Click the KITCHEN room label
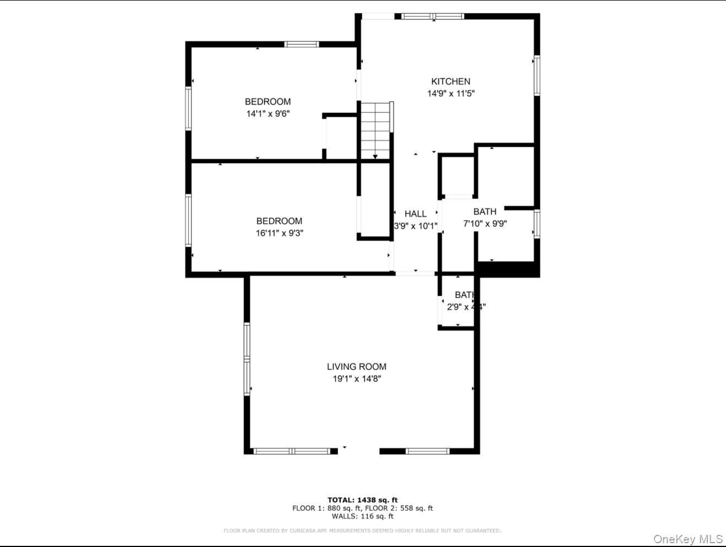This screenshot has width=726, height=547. pyautogui.click(x=450, y=82)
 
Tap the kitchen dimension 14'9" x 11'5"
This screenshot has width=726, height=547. pyautogui.click(x=450, y=94)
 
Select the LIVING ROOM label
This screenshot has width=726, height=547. pyautogui.click(x=357, y=367)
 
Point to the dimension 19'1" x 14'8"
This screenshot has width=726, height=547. pyautogui.click(x=357, y=379)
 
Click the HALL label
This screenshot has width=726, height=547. pyautogui.click(x=416, y=214)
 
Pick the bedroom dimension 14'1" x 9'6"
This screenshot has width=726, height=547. pyautogui.click(x=268, y=114)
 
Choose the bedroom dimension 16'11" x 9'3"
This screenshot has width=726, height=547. pyautogui.click(x=279, y=233)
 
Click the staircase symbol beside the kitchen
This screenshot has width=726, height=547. pyautogui.click(x=375, y=131)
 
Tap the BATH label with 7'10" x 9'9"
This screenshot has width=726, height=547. pyautogui.click(x=484, y=212)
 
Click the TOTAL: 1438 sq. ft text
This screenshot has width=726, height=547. pyautogui.click(x=362, y=500)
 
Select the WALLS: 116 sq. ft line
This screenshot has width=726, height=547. pyautogui.click(x=362, y=516)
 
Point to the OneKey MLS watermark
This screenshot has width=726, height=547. pyautogui.click(x=687, y=539)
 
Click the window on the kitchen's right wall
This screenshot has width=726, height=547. pyautogui.click(x=537, y=75)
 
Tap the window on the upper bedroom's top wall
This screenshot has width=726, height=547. pyautogui.click(x=301, y=44)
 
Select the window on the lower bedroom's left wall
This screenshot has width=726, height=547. pyautogui.click(x=188, y=220)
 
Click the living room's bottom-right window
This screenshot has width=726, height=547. pyautogui.click(x=428, y=451)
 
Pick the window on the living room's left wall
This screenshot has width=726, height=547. pyautogui.click(x=247, y=359)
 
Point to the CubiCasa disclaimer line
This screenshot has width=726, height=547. pyautogui.click(x=362, y=530)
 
